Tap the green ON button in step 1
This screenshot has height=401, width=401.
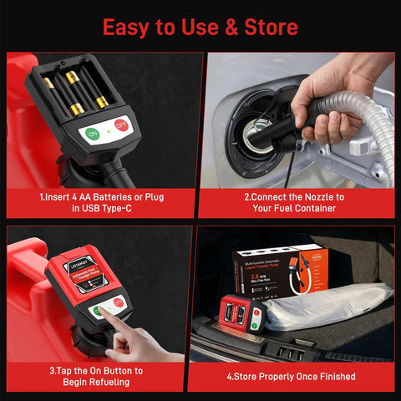pyautogui.click(x=93, y=133)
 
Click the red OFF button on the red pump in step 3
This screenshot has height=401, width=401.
pyautogui.click(x=119, y=301)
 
